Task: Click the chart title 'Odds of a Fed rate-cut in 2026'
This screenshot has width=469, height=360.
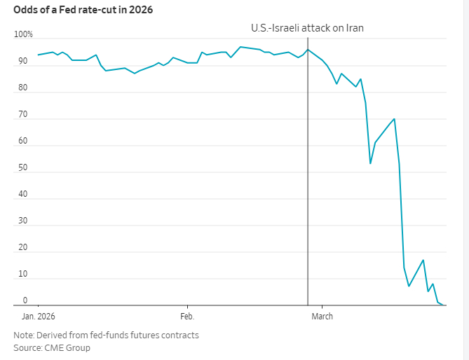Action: pos(83,9)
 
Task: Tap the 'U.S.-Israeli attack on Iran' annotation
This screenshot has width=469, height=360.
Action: pos(307,28)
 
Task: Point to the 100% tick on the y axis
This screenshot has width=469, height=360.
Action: pos(23,35)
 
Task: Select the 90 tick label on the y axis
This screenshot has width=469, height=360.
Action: pos(23,62)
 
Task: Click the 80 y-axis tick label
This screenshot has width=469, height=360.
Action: pos(23,88)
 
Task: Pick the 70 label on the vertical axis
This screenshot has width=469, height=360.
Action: pos(23,115)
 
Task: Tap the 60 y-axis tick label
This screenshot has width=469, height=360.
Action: pos(23,141)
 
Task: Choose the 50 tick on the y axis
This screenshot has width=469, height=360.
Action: pos(23,168)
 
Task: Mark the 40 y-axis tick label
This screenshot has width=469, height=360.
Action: pos(23,194)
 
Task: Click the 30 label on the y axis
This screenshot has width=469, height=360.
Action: pos(23,221)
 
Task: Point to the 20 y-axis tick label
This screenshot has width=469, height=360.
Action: pos(23,247)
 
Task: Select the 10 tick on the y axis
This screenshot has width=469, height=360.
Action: pos(23,274)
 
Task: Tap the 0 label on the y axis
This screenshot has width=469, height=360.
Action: pos(25,300)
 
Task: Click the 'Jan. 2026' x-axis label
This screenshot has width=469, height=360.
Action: pos(38,316)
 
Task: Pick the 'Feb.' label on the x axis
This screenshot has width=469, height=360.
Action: pos(187,316)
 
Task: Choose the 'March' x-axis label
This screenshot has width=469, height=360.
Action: pos(322,316)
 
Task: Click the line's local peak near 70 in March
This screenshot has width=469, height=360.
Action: pos(395,119)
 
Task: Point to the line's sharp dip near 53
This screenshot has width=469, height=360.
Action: pos(370,163)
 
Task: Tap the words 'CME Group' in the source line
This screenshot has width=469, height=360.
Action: pos(67,347)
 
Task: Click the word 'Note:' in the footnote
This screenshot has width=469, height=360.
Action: pos(25,335)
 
